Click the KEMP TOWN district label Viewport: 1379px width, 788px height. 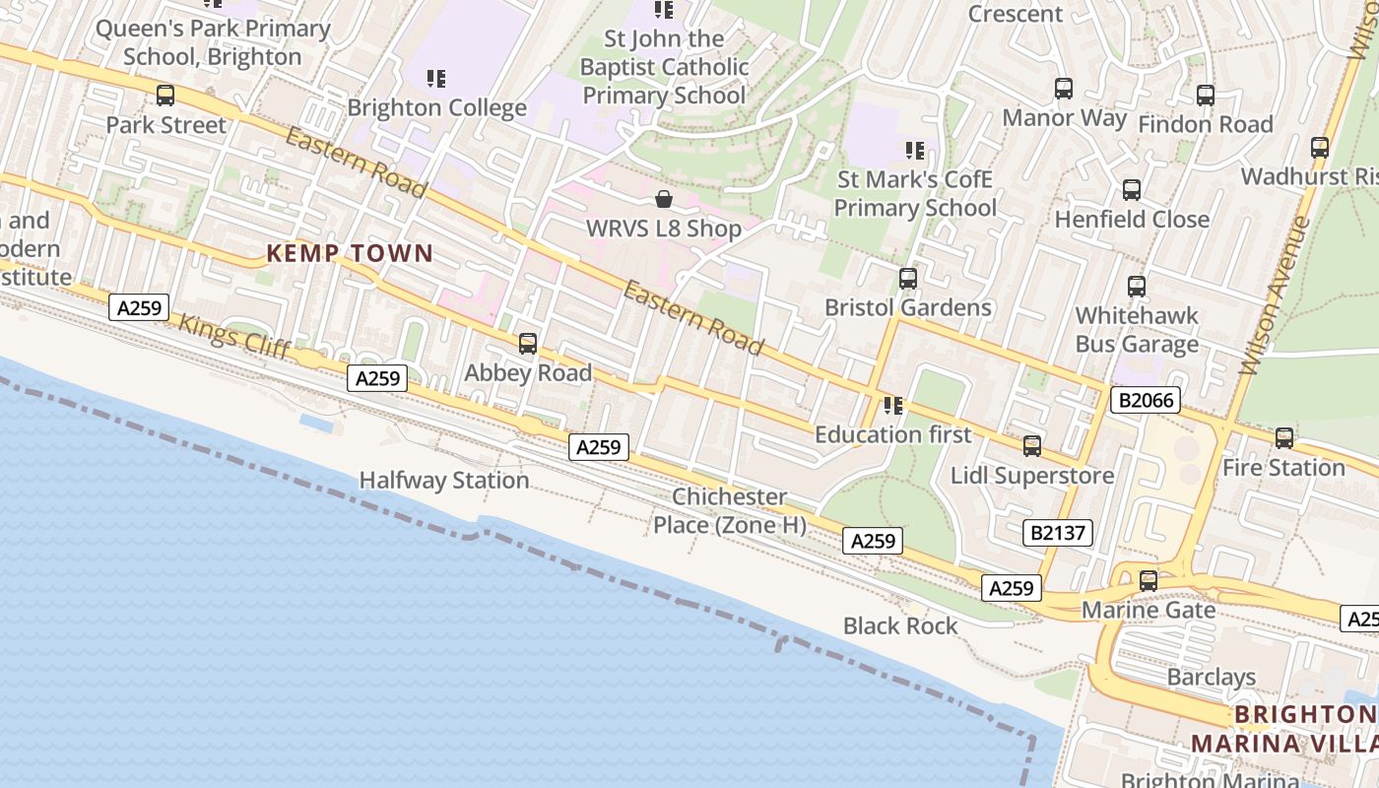(350, 253)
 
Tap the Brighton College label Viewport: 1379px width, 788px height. (436, 107)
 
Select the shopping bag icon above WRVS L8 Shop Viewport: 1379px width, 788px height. (665, 199)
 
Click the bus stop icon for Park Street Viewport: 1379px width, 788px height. (165, 96)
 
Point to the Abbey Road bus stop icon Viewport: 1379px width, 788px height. (528, 343)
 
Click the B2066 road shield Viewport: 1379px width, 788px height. (1145, 399)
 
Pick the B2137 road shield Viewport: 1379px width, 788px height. (1059, 533)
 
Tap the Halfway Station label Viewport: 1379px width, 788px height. (444, 480)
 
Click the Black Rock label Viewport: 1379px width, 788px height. (900, 625)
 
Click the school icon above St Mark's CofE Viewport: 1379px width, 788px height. (915, 151)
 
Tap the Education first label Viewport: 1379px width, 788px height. (892, 434)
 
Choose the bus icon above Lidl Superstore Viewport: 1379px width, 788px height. (1031, 445)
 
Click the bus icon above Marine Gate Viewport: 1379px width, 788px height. (1148, 581)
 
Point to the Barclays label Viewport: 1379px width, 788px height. (1211, 677)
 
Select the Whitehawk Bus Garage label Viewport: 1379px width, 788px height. (1137, 329)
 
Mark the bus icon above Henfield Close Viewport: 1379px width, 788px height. (1132, 189)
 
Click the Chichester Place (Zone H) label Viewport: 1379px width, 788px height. (730, 510)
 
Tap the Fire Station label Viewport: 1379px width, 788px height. (1283, 467)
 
